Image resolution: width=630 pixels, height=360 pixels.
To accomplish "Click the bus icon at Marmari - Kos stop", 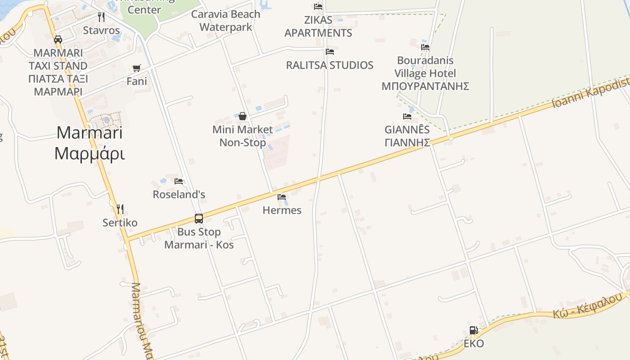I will tap(199, 219).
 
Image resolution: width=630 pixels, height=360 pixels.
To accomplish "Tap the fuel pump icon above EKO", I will tap(473, 330).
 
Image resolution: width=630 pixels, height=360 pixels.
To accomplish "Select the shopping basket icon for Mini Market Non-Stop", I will tap(243, 117).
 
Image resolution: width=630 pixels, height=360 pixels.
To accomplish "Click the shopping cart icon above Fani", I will tap(136, 68).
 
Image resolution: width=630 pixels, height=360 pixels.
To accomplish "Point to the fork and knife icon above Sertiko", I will tap(120, 209).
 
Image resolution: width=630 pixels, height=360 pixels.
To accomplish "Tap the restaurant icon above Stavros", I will tap(101, 17).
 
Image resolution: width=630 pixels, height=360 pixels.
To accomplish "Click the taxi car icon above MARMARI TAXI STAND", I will tap(58, 40).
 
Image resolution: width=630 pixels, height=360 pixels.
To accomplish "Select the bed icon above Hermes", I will tap(282, 197).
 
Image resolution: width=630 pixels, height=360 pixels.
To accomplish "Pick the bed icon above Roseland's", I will tap(179, 181).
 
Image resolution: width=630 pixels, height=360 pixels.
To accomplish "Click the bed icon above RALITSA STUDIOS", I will tap(330, 52).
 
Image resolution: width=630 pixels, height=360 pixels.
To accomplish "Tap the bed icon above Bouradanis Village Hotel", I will tap(425, 47).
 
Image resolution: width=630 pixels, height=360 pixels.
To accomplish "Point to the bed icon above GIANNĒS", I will tap(407, 117).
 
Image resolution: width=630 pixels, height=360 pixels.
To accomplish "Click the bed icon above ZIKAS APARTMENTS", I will tap(318, 7).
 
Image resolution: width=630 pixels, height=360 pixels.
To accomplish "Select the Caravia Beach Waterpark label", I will tap(226, 20).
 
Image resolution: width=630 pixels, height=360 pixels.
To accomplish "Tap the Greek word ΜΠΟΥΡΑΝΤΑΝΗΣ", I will tap(425, 86).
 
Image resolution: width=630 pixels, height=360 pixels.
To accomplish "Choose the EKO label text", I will tap(474, 344).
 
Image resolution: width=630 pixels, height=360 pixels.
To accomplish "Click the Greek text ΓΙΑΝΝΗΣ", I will tap(407, 142).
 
